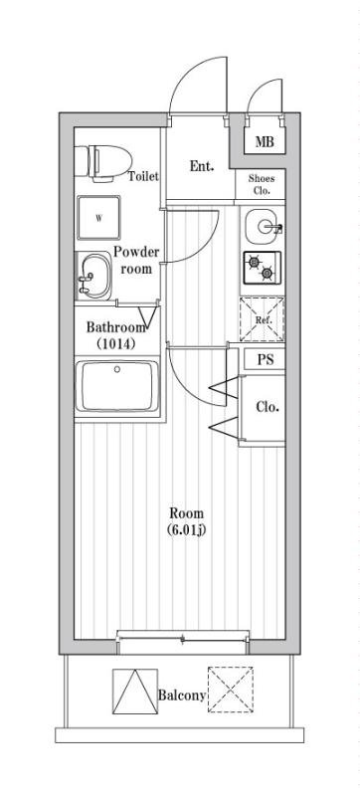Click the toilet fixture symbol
coord(103,161)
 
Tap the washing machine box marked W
coord(98,218)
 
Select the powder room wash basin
coord(93,277)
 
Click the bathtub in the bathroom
coord(117,387)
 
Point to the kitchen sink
coord(264,226)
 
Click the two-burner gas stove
coord(263,268)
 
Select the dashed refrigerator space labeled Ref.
coord(262,319)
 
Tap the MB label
coord(265,141)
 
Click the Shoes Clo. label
coord(262,185)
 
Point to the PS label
coord(265,359)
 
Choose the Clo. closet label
coord(267,407)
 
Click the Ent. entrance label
coord(202,166)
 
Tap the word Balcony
coord(182,696)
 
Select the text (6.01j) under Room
coord(187,530)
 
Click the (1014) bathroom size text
coord(115,343)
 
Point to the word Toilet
coord(143,176)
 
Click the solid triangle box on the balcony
coord(135,691)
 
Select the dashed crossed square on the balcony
coord(230,690)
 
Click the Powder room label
coord(136,260)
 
